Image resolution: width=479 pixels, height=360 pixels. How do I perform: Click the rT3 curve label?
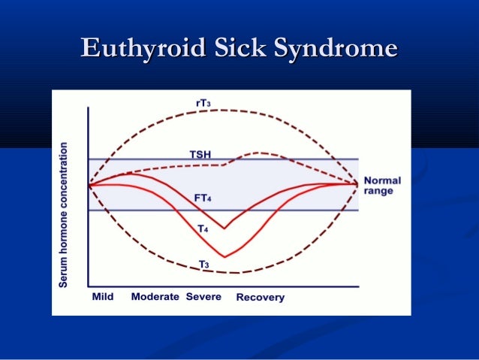click(x=222, y=102)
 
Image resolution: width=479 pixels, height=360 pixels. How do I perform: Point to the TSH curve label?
click(x=200, y=154)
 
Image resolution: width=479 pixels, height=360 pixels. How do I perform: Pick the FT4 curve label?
click(x=202, y=198)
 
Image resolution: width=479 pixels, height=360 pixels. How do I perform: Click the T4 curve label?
click(x=203, y=227)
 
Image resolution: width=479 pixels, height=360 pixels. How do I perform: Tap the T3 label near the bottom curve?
click(x=203, y=263)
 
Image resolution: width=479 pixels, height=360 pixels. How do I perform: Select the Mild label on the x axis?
click(x=102, y=297)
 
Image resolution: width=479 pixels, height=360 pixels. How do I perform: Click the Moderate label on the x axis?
click(x=155, y=297)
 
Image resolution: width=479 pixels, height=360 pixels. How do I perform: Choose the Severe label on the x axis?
click(x=203, y=297)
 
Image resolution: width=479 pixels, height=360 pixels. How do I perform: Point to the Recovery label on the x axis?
click(x=260, y=298)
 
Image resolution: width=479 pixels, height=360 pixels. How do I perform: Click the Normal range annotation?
click(x=382, y=186)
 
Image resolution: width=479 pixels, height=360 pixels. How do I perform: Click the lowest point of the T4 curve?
click(x=224, y=257)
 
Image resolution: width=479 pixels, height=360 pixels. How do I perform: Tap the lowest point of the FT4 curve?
click(x=224, y=228)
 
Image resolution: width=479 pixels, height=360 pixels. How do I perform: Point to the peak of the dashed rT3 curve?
click(x=224, y=110)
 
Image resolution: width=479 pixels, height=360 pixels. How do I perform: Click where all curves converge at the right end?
click(x=357, y=184)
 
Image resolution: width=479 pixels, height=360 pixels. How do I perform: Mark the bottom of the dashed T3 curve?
click(x=233, y=273)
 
